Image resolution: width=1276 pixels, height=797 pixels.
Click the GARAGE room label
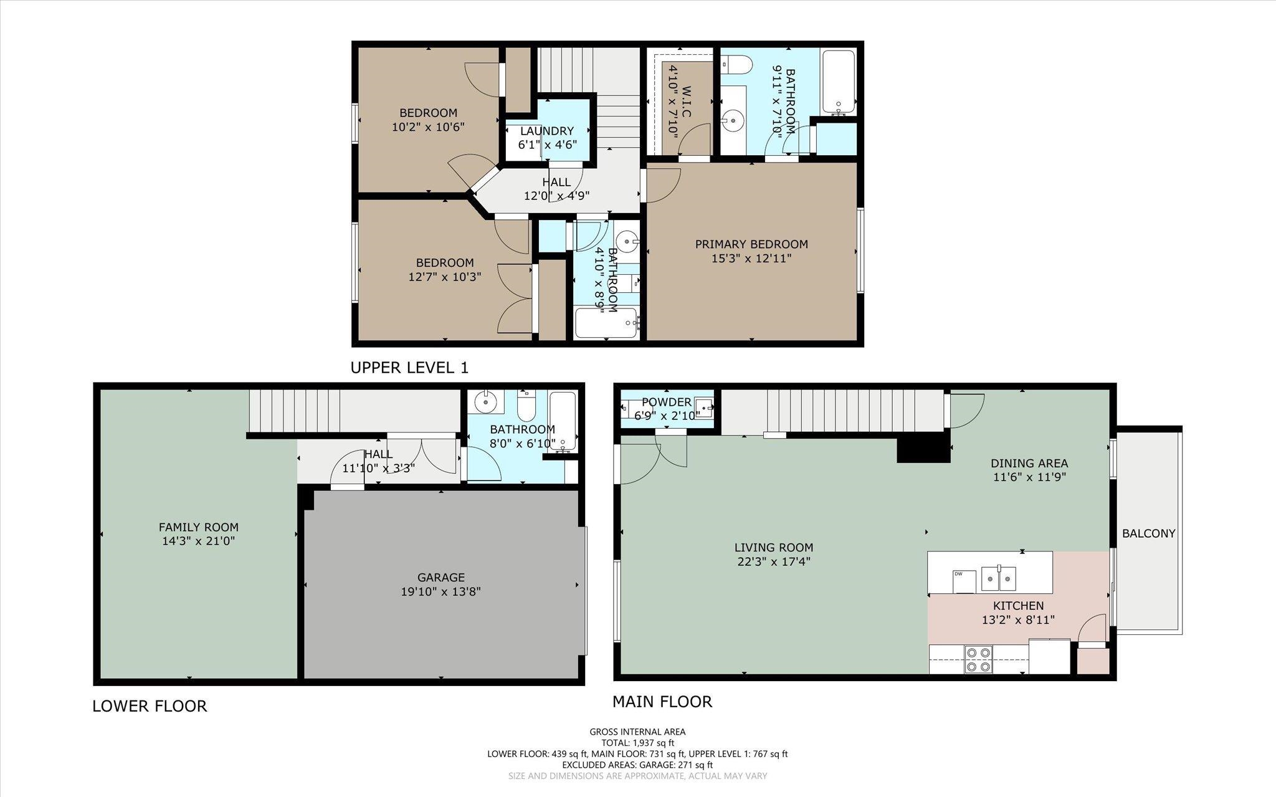[x=441, y=578]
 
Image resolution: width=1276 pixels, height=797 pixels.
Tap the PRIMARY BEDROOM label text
[x=751, y=244]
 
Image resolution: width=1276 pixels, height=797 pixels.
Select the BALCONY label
[x=1148, y=533]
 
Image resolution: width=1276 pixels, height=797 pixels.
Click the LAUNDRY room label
[x=546, y=131]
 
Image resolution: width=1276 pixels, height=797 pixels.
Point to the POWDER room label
[x=666, y=402]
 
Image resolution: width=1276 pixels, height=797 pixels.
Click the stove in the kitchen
[x=978, y=660]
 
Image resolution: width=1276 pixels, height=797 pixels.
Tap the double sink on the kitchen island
[x=999, y=578]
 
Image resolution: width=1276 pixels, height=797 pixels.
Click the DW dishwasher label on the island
[x=958, y=574]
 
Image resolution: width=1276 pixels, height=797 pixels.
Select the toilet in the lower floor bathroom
[x=526, y=403]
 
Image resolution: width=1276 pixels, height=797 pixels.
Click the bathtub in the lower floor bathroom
[x=563, y=421]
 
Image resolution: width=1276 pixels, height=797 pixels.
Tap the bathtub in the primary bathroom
[x=839, y=82]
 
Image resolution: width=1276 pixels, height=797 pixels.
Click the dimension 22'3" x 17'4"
[x=773, y=561]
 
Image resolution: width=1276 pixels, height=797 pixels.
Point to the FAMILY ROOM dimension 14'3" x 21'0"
[x=198, y=541]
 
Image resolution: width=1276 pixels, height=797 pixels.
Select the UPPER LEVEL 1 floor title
[x=409, y=368]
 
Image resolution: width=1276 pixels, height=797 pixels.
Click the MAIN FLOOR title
[x=662, y=702]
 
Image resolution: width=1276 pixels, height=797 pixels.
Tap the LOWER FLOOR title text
[x=150, y=706]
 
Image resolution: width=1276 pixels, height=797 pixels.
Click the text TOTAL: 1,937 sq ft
[x=637, y=743]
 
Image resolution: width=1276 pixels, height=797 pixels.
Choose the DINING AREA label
[x=1029, y=463]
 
